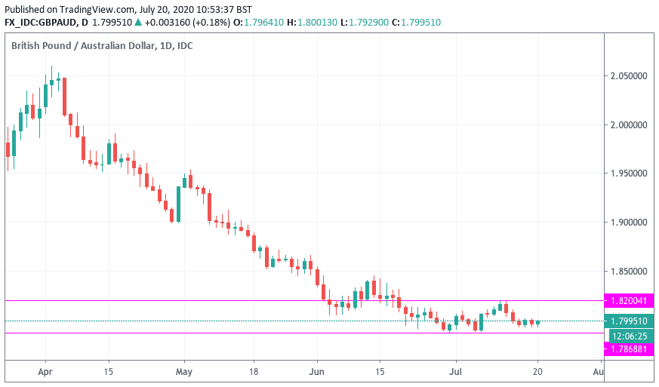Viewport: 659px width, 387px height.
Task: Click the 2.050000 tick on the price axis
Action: coord(629,76)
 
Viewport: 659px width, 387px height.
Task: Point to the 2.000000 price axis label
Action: coord(629,125)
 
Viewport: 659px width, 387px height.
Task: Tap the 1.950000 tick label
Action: coord(629,174)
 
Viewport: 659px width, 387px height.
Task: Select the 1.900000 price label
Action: coord(629,223)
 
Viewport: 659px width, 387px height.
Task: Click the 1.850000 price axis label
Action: coord(629,271)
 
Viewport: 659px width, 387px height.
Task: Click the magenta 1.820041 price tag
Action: coord(629,300)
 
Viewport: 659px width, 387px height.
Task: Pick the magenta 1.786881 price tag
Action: coord(629,349)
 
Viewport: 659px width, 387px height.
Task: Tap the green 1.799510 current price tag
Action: coord(629,321)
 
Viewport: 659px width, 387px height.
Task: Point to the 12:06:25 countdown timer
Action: coord(629,335)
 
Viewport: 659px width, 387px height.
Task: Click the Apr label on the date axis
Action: coord(45,372)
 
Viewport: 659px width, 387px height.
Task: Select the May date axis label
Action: coord(184,372)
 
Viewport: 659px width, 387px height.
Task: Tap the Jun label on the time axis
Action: coord(317,372)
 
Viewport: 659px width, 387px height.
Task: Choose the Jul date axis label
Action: coord(455,372)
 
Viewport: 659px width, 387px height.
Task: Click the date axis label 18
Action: coord(255,372)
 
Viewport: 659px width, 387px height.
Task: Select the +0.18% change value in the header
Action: coord(206,23)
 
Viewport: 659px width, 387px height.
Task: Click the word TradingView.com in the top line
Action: coord(97,9)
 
